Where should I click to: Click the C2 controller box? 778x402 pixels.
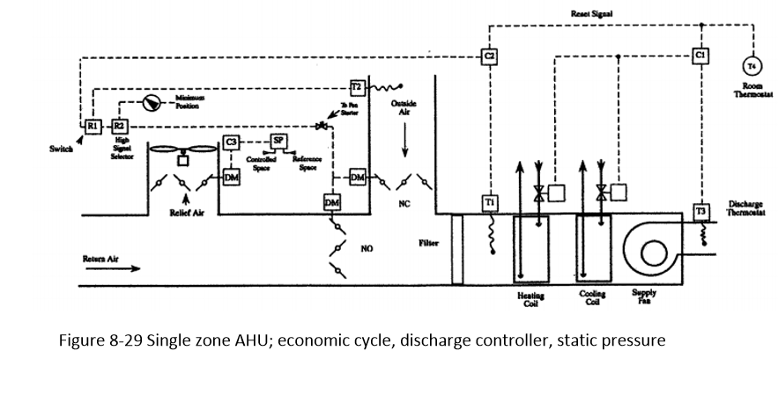pos(490,55)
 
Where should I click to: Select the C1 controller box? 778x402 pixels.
pos(700,55)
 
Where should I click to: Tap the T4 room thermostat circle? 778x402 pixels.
pos(752,66)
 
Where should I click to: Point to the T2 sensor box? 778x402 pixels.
pos(357,87)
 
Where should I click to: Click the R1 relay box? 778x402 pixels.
pos(91,126)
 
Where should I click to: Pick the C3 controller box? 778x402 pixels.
pos(231,141)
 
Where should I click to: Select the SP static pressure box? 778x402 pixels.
pos(278,141)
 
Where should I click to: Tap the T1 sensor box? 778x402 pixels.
pos(492,202)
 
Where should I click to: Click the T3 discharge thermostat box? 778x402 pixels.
pos(701,212)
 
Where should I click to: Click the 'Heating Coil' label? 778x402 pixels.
pos(530,300)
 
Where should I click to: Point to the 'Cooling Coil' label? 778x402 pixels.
pos(593,299)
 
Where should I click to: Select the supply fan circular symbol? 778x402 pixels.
pos(655,253)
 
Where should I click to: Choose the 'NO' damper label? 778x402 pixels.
pos(367,249)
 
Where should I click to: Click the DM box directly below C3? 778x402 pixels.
pos(231,178)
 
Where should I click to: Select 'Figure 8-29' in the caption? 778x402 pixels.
pos(99,340)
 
